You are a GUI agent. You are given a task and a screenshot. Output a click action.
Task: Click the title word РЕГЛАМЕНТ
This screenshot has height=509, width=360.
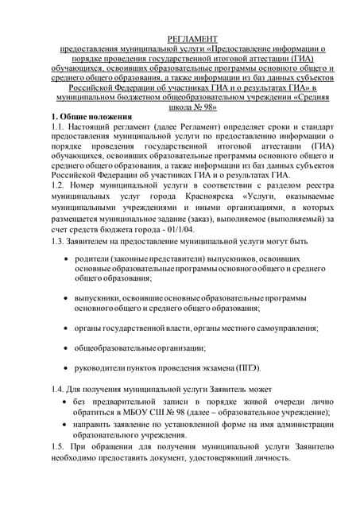coord(180,39)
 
